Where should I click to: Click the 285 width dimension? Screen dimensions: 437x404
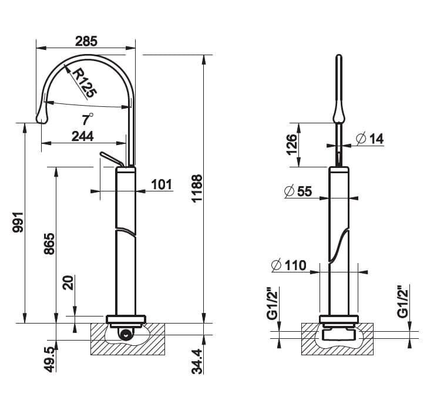[86, 42]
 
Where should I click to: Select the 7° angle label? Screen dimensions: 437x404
[88, 119]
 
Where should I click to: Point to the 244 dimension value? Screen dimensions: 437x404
[82, 136]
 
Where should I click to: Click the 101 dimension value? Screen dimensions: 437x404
[162, 184]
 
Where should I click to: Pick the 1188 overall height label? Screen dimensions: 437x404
[197, 188]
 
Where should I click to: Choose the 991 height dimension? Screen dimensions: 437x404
[18, 222]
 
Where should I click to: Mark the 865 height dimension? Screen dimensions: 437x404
[49, 244]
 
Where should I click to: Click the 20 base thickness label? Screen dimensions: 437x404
[68, 282]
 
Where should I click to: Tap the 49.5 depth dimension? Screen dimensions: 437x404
[50, 360]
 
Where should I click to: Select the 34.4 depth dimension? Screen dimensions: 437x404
[197, 361]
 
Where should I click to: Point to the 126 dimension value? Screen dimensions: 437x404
[292, 144]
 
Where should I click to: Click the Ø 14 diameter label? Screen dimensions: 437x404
[370, 139]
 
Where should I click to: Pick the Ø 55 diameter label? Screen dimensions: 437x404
[298, 191]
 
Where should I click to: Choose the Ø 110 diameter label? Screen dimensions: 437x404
[289, 265]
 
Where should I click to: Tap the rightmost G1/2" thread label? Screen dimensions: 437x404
[403, 301]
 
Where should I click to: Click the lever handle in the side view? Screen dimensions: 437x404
[112, 159]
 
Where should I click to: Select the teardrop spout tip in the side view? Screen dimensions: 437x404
[42, 116]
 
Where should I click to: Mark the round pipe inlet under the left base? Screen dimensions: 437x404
[126, 334]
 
